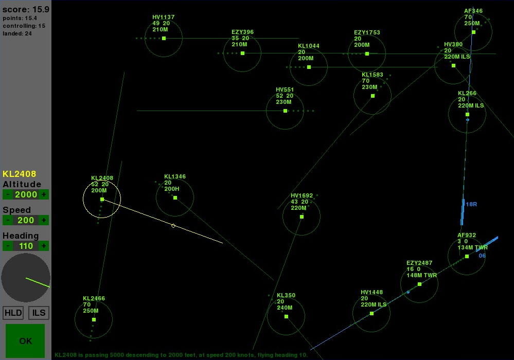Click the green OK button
[25, 340]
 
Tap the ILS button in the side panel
[39, 313]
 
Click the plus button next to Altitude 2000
[44, 194]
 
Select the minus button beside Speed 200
[8, 220]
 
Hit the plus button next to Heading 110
[44, 246]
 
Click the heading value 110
[26, 246]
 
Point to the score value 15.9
[41, 9]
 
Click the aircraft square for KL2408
[102, 199]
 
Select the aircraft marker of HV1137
[164, 39]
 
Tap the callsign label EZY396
[242, 32]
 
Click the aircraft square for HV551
[285, 111]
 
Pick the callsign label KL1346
[175, 176]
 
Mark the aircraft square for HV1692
[302, 217]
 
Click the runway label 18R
[471, 204]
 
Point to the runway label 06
[482, 256]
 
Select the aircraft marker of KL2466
[94, 319]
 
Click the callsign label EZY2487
[419, 263]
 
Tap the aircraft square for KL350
[286, 316]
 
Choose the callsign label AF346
[473, 11]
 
